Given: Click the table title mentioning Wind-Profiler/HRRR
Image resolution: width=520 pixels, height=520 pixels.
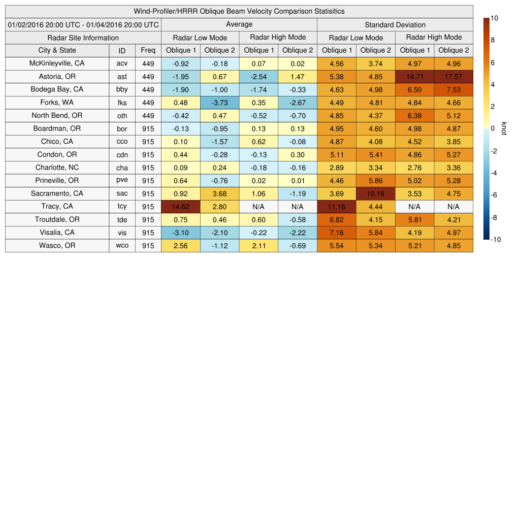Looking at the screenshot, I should (239, 11).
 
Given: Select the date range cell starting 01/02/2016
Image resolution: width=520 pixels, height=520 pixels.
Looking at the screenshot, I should (83, 24).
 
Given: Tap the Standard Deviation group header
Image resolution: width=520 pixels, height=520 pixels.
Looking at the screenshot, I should (395, 24).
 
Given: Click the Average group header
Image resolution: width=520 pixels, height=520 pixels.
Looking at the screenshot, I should (239, 24).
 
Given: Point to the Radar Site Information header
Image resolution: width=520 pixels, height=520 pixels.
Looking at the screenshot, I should (83, 38).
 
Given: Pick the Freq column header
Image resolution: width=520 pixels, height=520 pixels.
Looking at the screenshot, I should (148, 50).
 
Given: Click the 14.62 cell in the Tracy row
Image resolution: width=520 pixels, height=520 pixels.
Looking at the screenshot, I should (181, 207).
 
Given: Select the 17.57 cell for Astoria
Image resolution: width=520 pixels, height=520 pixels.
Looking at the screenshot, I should (453, 77).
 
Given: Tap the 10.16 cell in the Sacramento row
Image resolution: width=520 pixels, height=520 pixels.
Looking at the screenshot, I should (376, 193).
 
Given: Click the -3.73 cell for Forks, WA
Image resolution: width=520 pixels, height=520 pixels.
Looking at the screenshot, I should (219, 103).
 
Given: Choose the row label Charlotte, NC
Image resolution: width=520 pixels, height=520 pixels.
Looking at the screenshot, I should (57, 168).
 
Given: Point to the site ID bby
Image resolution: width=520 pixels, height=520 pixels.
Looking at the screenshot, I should (122, 89).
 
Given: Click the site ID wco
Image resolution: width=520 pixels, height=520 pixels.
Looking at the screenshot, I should (122, 246).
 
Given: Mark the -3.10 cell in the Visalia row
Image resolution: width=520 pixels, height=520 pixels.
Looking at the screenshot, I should (181, 233).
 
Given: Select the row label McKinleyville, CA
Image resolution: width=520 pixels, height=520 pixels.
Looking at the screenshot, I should (57, 63).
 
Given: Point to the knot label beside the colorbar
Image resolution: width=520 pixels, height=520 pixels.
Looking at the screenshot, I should (504, 128).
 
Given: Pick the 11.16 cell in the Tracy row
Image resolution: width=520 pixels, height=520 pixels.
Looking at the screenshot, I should (337, 207).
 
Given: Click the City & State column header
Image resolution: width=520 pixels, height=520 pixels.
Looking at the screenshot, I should (57, 50).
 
